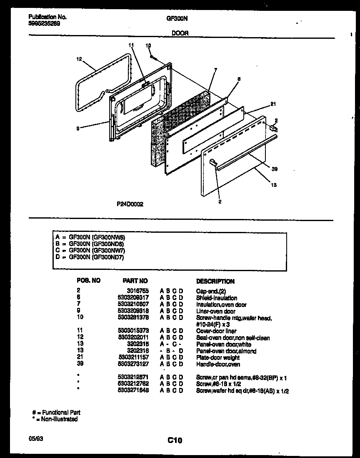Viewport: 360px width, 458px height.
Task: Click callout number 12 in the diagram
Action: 79,59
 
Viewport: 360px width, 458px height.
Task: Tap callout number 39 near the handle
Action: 274,169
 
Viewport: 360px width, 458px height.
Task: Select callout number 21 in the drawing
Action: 273,104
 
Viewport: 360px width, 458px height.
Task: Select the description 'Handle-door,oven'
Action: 218,364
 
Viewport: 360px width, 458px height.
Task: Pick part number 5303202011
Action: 133,337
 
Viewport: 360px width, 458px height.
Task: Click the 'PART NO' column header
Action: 135,281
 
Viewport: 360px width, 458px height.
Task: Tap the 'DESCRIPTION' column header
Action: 215,282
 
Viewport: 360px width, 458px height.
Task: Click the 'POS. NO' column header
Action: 88,281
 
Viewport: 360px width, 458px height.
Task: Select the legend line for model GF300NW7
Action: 90,250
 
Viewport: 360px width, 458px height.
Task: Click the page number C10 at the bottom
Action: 175,440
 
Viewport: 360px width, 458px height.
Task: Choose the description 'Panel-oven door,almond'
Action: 226,351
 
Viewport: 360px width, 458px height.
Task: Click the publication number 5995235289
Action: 44,24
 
